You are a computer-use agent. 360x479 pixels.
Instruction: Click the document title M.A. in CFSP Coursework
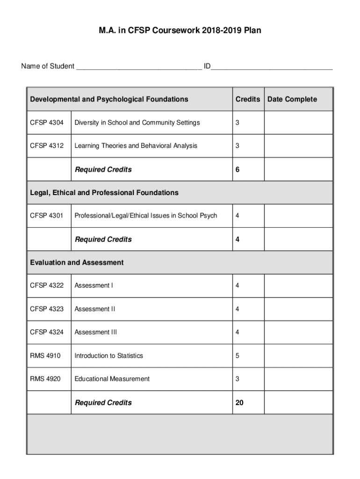point(180,30)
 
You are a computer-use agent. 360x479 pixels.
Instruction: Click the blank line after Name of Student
point(139,67)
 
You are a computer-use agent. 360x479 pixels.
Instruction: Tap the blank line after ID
point(272,67)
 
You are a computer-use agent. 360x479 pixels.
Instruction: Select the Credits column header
point(248,99)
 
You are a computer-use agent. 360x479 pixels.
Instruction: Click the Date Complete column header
point(292,99)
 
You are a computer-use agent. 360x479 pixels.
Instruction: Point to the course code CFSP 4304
point(47,123)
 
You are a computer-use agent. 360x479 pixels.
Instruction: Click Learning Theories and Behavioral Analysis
point(136,146)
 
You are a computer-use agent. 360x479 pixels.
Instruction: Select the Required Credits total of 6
point(238,169)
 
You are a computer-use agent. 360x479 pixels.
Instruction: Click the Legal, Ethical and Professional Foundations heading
point(104,193)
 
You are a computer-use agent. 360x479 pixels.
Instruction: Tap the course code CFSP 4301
point(47,216)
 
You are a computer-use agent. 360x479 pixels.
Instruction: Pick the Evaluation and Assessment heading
point(77,262)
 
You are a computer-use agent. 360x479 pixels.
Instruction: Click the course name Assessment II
point(95,309)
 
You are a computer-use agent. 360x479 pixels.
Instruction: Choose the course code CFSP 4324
point(47,333)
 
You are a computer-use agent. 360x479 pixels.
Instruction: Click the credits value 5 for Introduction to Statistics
point(238,356)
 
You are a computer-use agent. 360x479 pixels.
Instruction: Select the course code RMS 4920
point(45,379)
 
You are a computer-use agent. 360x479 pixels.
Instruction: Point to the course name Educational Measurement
point(112,379)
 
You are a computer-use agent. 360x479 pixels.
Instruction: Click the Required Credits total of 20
point(239,403)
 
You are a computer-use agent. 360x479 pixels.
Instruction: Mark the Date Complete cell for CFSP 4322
point(298,286)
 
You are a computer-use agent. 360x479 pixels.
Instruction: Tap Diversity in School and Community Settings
point(137,123)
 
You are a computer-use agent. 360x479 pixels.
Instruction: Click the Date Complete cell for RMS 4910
point(298,356)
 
